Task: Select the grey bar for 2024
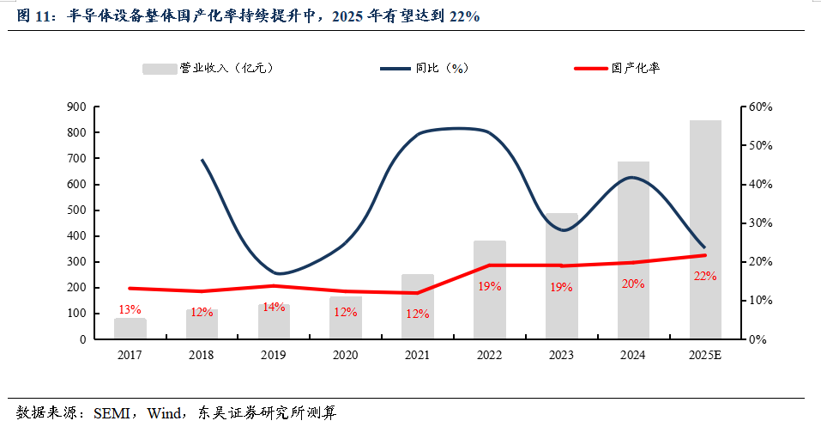633,250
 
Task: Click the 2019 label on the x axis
274,354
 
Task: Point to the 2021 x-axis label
417,354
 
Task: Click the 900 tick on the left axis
75,107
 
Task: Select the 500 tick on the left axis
75,210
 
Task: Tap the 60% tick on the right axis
760,107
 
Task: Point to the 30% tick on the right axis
760,223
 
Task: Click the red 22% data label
705,276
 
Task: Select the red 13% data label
130,309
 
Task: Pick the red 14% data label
274,306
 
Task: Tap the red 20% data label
633,284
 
